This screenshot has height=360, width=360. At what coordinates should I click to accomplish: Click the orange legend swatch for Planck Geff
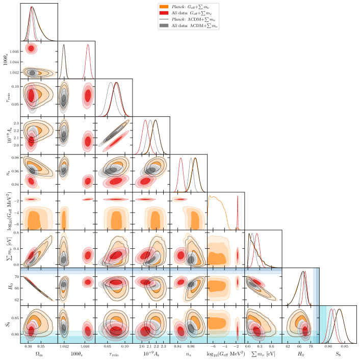(x=163, y=7)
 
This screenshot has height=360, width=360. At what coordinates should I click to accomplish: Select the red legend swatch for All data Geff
(x=163, y=13)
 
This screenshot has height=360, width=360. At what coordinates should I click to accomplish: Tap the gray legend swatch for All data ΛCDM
(x=163, y=25)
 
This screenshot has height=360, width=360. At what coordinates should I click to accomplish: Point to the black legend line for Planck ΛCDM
(x=163, y=19)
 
